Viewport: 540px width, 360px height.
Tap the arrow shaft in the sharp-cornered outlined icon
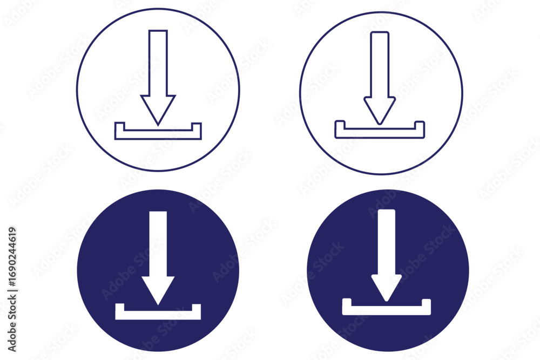tap(158, 63)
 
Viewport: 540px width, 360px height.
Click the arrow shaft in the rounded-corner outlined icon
tap(380, 64)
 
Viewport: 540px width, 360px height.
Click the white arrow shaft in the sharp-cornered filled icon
tap(158, 243)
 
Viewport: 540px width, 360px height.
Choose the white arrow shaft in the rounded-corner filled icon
tap(387, 242)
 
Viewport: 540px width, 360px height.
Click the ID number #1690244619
tap(12, 257)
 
